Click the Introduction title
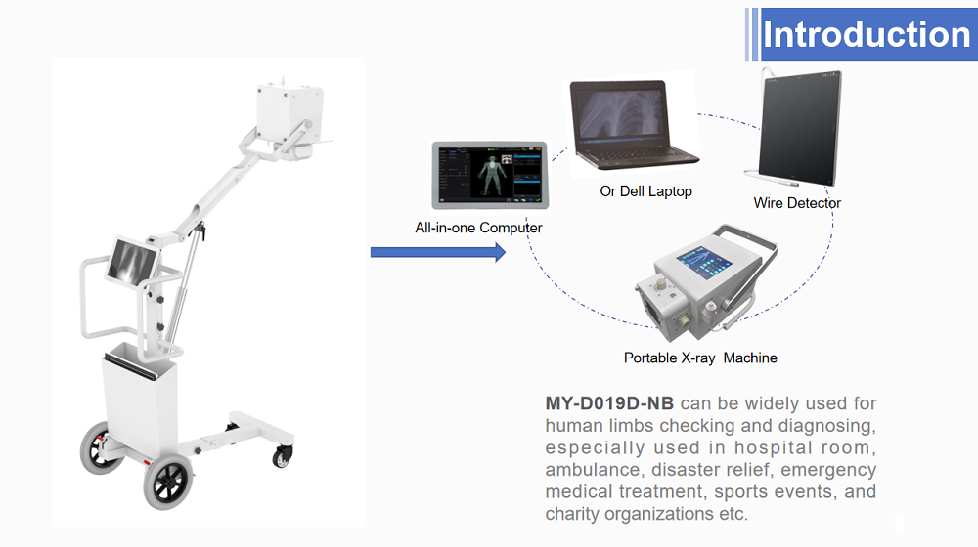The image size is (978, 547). [867, 34]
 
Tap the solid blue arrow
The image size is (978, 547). [438, 252]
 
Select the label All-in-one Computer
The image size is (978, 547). [478, 228]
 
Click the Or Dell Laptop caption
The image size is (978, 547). [646, 191]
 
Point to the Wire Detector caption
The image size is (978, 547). [797, 203]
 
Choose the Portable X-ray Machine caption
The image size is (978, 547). [700, 358]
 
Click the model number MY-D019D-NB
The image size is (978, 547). [609, 403]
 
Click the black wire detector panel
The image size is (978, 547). [800, 128]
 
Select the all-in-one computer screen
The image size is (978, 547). [490, 175]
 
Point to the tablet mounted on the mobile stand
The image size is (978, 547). [132, 262]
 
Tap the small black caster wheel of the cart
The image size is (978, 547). [282, 457]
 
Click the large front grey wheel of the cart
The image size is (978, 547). [168, 481]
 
